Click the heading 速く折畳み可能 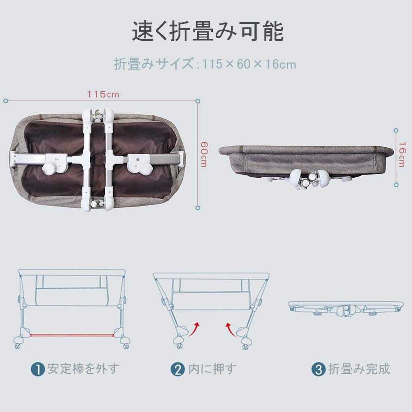207,31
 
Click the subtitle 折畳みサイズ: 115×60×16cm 205,64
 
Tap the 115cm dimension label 103,94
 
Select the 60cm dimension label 204,154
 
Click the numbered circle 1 38,369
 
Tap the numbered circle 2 178,369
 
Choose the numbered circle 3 319,369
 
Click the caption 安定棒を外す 84,368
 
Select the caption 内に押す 212,368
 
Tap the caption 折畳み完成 359,368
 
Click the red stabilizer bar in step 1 72,335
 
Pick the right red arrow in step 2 231,330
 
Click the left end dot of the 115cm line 6,101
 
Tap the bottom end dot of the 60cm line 198,208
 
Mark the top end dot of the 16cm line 396,130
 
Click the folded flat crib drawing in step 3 346,308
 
